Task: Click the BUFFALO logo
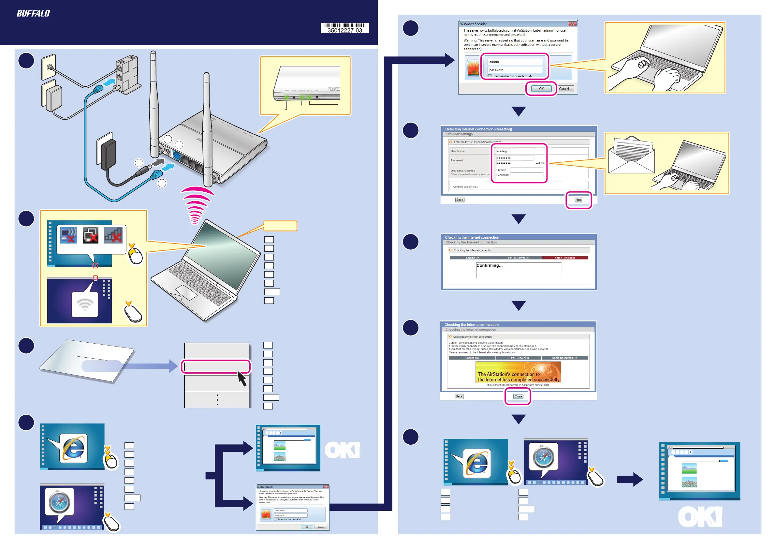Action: pos(33,13)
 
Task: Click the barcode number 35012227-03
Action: pos(344,30)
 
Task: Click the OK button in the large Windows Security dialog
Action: pos(541,89)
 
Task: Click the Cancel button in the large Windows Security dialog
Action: pos(564,89)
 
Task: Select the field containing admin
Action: pos(514,62)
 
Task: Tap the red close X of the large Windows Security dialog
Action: pos(572,24)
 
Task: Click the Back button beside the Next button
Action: pos(460,200)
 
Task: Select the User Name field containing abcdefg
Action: pos(515,151)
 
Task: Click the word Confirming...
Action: pos(489,265)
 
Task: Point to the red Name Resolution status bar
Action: pos(565,258)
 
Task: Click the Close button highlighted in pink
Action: pos(518,396)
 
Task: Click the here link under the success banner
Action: pos(546,385)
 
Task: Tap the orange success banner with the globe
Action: pos(518,372)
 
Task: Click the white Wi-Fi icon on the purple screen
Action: pos(85,304)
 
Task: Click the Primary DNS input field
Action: pos(527,170)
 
